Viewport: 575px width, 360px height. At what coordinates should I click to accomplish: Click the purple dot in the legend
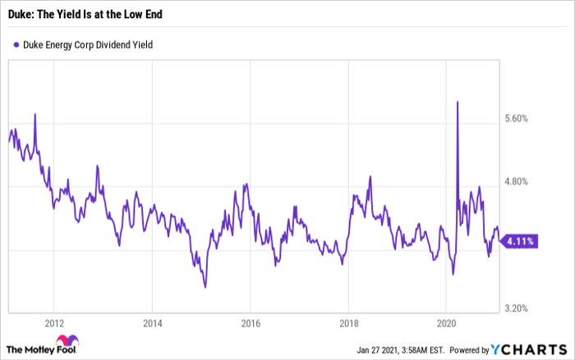(16, 44)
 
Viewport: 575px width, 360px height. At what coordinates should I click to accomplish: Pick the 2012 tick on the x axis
(54, 323)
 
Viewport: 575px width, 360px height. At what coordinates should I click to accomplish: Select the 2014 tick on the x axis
(153, 323)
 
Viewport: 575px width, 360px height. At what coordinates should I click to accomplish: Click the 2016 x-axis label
(251, 323)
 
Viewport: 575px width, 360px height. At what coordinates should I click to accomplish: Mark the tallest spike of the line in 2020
(457, 102)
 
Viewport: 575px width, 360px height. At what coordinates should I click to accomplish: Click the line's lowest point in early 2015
(205, 287)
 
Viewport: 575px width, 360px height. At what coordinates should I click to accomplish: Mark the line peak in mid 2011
(35, 114)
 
